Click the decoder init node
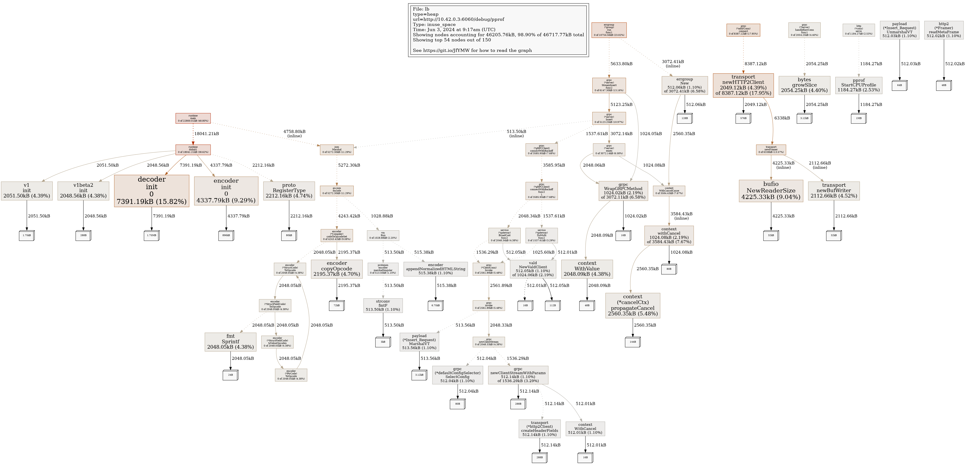point(151,191)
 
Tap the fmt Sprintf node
point(230,342)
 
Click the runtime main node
point(193,118)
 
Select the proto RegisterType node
point(289,191)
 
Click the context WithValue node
point(587,269)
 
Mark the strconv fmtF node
point(383,305)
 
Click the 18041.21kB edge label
point(206,134)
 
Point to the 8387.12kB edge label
point(755,64)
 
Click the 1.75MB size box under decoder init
point(151,236)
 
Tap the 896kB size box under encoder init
point(226,236)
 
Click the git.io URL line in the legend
point(472,50)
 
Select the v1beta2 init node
point(83,191)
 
